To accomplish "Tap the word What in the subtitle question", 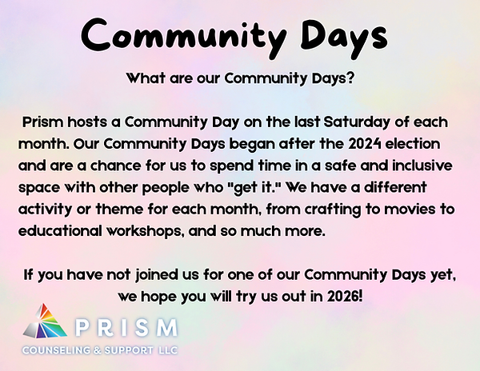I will click(x=146, y=79).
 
